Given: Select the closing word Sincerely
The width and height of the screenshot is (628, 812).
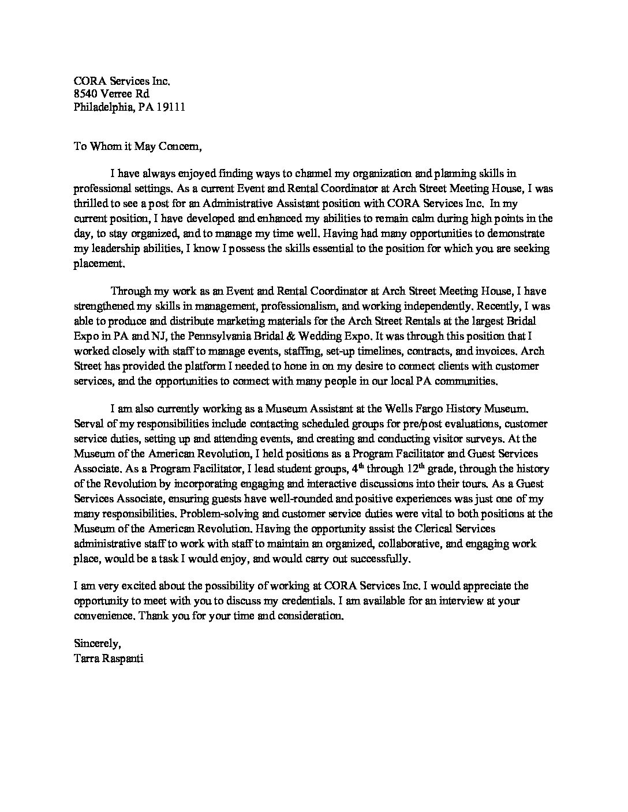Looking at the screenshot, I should click(97, 643).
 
